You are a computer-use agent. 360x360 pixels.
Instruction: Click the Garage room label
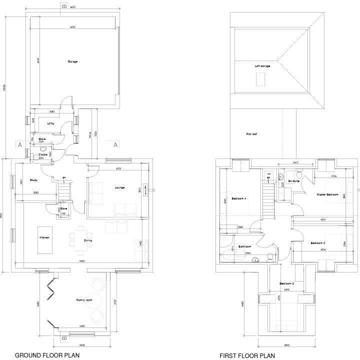click(72, 61)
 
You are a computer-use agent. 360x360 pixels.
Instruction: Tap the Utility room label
click(50, 123)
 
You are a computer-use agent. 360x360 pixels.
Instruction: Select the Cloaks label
click(43, 154)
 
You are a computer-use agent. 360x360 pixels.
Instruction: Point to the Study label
click(33, 180)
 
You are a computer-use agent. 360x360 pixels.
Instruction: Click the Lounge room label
click(119, 188)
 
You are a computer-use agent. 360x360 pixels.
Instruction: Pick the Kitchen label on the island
click(44, 237)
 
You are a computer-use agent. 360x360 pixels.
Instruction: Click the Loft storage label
click(262, 66)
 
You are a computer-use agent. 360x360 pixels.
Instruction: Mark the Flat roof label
click(251, 134)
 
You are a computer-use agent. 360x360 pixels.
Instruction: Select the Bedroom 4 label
click(238, 199)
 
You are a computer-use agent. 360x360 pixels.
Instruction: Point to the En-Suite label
click(293, 181)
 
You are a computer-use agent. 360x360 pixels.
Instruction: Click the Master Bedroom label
click(327, 194)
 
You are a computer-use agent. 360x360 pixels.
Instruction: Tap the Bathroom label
click(244, 246)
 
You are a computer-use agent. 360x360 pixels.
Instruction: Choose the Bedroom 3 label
click(286, 283)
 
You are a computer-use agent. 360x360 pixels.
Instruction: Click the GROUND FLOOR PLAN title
click(48, 355)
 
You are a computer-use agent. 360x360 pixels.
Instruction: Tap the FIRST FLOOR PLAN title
click(247, 355)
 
